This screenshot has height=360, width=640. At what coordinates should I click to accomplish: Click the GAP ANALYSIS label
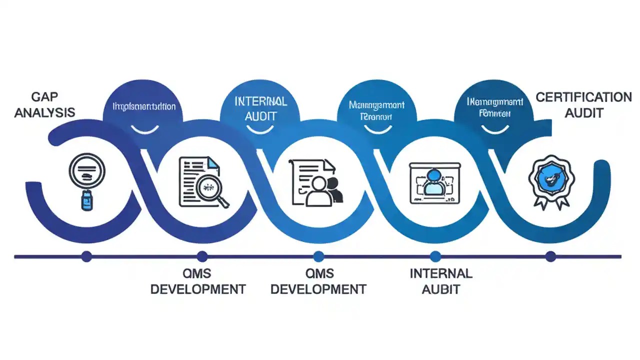click(44, 105)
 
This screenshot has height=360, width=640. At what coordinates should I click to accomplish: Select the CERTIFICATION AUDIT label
click(583, 105)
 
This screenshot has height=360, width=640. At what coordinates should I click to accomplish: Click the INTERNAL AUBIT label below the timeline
click(440, 281)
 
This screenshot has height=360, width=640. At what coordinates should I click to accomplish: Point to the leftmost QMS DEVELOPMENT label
click(198, 281)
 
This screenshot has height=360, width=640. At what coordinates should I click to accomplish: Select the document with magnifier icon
click(204, 181)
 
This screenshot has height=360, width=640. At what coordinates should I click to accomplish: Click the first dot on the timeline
click(86, 256)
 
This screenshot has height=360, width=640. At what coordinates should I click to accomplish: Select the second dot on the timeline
click(202, 256)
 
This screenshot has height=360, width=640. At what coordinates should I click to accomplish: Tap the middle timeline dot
click(318, 256)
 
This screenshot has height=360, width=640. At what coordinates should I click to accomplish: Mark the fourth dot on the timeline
click(435, 256)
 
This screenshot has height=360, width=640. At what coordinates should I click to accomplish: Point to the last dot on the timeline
click(550, 256)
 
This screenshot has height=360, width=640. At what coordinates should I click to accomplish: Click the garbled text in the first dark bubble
click(144, 106)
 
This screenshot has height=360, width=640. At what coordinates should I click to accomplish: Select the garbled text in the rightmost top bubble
click(494, 107)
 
